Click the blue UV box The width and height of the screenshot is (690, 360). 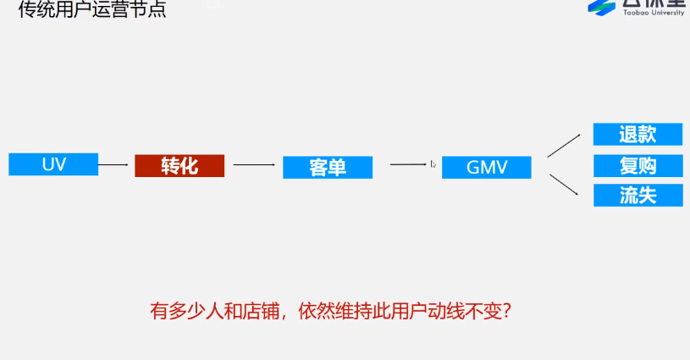click(53, 164)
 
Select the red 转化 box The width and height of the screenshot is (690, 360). click(179, 165)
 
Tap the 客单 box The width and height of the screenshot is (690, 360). click(327, 167)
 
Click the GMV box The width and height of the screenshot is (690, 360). click(487, 167)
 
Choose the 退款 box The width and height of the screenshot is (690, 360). click(638, 134)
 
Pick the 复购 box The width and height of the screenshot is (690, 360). click(638, 164)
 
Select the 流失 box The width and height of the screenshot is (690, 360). click(638, 196)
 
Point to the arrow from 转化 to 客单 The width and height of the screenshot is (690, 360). click(254, 165)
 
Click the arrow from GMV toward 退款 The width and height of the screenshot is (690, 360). click(564, 145)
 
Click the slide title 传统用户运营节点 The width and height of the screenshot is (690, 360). click(93, 10)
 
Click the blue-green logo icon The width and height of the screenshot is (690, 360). click(603, 7)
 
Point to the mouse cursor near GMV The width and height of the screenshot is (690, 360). click(433, 163)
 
